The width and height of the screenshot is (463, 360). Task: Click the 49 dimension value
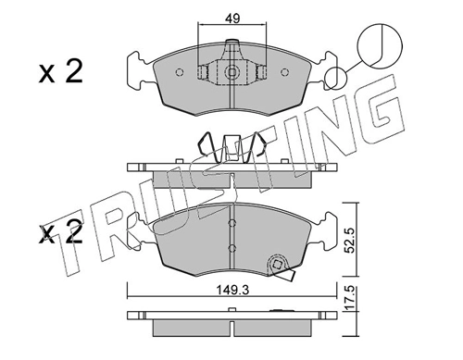232,19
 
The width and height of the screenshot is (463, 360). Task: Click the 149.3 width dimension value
232,290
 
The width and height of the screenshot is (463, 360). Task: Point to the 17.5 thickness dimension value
349,298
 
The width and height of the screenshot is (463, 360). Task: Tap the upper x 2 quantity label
61,71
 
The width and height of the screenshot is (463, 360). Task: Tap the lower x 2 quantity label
61,232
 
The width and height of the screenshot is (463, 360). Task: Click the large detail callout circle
380,45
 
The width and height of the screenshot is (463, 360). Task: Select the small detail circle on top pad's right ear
335,79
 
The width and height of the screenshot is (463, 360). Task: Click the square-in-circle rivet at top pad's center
231,72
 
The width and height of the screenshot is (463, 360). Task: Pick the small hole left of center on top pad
180,72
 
